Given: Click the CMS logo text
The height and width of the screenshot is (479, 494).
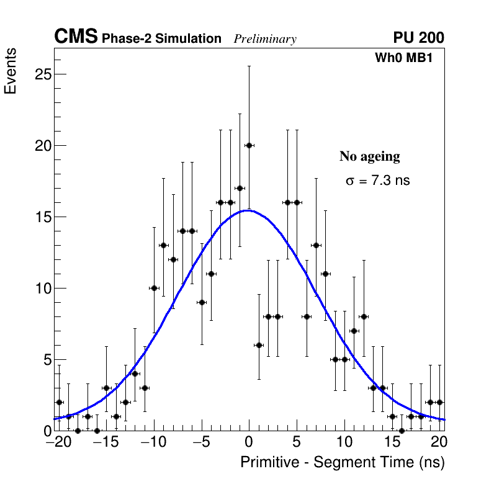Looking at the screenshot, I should click(76, 37).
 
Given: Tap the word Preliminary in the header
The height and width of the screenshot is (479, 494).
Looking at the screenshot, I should click(265, 39).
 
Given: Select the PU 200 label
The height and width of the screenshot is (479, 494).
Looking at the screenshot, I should click(418, 38).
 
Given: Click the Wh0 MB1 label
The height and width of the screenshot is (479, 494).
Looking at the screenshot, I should click(403, 58).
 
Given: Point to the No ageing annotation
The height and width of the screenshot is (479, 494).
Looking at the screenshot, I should click(369, 157).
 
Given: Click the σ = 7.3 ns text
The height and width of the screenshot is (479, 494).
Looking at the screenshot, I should click(377, 181).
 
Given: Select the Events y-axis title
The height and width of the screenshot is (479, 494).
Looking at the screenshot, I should click(11, 71).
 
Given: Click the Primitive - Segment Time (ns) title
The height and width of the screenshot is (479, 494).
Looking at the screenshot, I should click(343, 462).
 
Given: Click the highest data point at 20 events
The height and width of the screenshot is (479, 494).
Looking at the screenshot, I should click(249, 145).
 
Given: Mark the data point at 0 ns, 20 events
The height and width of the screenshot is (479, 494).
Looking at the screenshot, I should click(249, 145).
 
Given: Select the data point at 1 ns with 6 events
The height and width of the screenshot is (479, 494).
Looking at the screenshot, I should click(259, 345).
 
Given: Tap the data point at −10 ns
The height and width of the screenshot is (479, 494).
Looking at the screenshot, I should click(154, 288).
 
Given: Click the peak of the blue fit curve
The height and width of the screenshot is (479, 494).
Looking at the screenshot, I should click(248, 210).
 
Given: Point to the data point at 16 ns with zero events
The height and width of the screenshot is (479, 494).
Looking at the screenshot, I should click(402, 431).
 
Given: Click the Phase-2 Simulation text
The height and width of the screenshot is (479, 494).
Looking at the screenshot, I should click(161, 39).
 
